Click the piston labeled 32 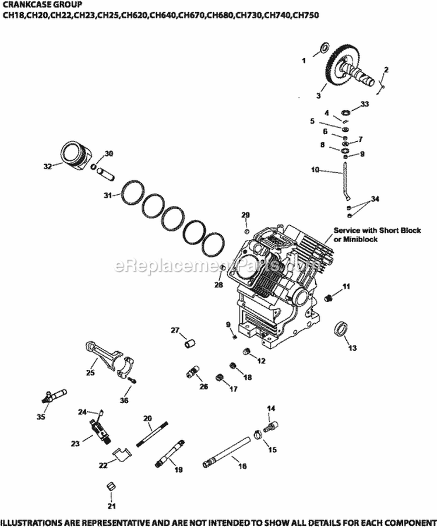click(76, 156)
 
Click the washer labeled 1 click(322, 48)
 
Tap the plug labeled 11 click(329, 298)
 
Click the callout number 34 click(375, 199)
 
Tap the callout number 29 click(245, 215)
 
